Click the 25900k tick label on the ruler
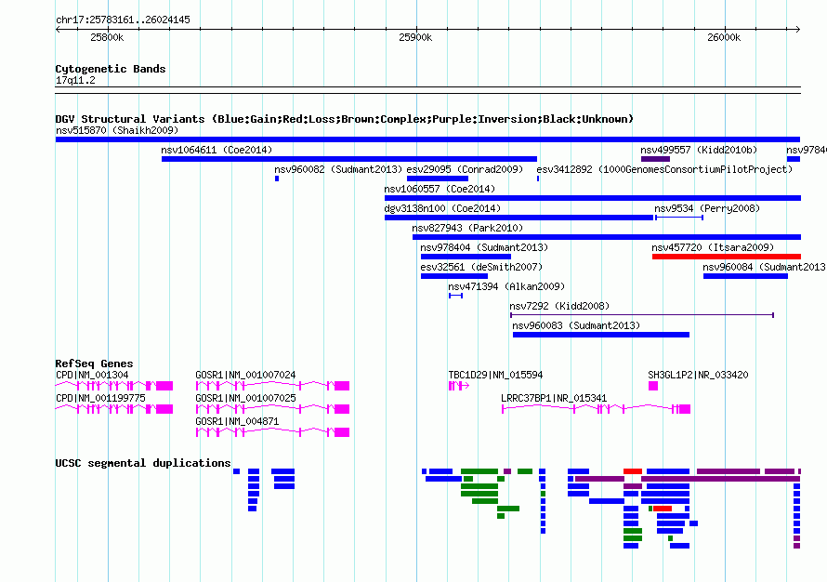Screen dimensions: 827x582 415,37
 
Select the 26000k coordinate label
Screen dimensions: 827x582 724,37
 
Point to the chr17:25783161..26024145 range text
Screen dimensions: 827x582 123,20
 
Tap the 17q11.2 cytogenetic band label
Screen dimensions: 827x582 75,80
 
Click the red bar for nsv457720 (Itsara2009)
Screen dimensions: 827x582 727,257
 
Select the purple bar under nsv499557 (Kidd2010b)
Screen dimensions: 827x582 655,159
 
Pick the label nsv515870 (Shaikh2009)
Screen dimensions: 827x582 117,130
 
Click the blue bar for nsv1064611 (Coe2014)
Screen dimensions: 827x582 349,159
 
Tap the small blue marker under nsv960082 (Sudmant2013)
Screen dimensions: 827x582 277,179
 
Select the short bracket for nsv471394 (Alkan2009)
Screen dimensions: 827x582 455,296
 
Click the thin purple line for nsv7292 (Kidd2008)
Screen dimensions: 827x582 642,315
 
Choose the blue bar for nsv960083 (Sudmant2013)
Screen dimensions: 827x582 600,335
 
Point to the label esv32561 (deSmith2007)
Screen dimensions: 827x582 481,267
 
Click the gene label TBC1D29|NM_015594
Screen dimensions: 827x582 495,375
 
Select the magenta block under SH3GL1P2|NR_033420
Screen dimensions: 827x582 653,386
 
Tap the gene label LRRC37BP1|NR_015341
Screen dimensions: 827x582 554,398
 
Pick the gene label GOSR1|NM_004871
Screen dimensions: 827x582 237,421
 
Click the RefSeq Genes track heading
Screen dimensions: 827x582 94,364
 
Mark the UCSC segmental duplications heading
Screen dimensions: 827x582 143,463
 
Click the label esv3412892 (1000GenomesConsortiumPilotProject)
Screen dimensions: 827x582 664,169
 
